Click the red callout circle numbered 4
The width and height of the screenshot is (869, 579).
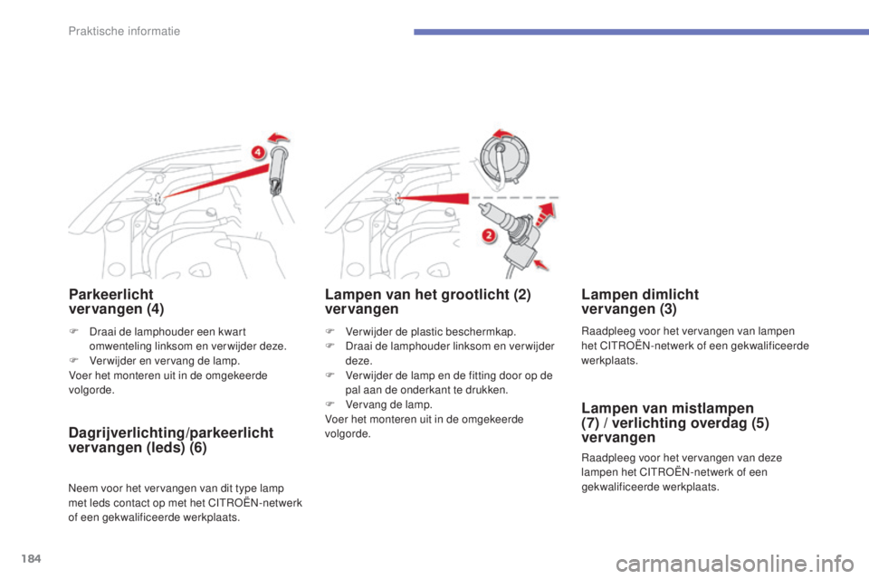click(257, 152)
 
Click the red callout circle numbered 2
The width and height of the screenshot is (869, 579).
click(488, 235)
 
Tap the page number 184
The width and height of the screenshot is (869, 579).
click(32, 558)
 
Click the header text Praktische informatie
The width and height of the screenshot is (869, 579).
click(124, 31)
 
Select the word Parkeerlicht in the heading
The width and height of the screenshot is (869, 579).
click(110, 294)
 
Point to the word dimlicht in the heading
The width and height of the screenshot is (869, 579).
click(670, 294)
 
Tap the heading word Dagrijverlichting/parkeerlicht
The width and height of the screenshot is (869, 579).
click(171, 432)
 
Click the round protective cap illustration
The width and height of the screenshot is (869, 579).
click(504, 157)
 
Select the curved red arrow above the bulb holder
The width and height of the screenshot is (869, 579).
click(279, 138)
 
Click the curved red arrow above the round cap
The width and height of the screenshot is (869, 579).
click(504, 134)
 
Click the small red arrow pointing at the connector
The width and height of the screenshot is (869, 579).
click(541, 264)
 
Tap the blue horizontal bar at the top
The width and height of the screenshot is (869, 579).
click(641, 33)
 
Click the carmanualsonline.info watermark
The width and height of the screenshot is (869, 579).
click(735, 565)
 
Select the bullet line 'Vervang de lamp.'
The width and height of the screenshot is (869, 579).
click(388, 404)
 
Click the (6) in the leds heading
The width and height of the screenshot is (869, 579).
click(198, 448)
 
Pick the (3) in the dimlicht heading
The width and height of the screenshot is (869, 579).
click(668, 309)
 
